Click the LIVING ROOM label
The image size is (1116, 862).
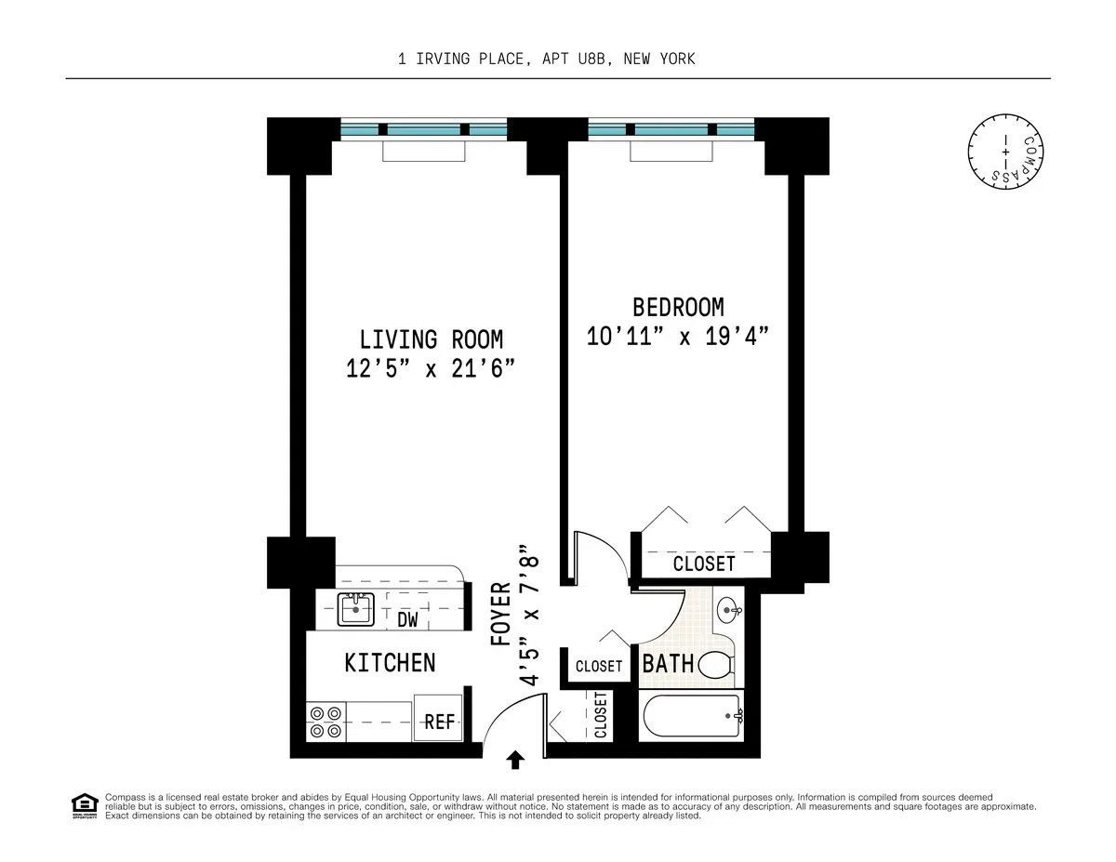tap(431, 338)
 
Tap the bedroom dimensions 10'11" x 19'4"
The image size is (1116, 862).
tap(681, 336)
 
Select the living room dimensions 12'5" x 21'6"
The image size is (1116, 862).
tap(431, 369)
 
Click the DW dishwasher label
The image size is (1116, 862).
tap(407, 619)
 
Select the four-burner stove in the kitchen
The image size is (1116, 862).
tap(325, 722)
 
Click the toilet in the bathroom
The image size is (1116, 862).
tap(716, 664)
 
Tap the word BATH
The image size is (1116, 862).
tap(668, 664)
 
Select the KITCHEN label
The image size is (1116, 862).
tap(390, 663)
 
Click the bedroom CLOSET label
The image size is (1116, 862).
tap(704, 564)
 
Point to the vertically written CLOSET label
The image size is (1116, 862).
tap(600, 716)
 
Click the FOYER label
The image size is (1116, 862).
tap(500, 614)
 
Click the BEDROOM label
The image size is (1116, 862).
tap(678, 306)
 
